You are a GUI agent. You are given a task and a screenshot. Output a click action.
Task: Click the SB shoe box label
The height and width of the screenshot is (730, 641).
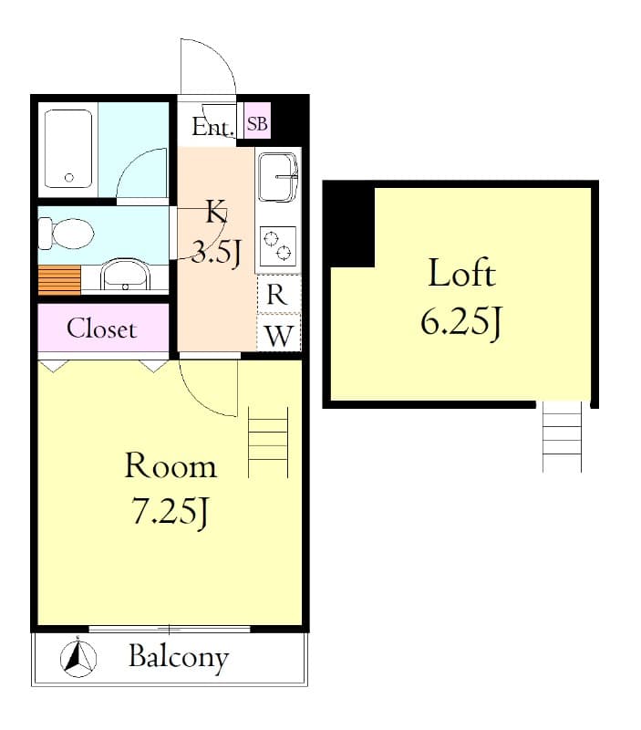click(x=257, y=124)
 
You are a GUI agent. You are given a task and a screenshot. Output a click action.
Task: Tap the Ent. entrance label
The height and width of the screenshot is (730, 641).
click(x=212, y=128)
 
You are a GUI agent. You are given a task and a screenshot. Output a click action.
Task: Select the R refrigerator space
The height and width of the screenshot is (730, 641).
click(x=278, y=295)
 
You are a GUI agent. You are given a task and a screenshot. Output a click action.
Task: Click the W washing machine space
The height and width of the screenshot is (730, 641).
click(x=279, y=335)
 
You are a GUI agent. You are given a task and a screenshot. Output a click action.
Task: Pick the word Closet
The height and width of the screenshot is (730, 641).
click(x=101, y=328)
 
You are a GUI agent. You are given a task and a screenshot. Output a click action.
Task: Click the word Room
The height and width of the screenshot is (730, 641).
click(x=171, y=466)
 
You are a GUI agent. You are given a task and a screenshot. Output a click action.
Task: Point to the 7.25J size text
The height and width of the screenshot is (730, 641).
click(x=171, y=513)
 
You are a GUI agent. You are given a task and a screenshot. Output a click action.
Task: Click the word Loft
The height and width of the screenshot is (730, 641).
click(x=461, y=273)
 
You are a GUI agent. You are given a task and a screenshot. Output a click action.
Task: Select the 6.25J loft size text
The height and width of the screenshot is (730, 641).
click(x=461, y=322)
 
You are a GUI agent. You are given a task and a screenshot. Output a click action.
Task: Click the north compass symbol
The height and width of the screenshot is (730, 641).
click(x=78, y=658)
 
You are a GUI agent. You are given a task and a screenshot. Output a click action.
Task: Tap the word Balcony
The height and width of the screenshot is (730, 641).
click(x=178, y=657)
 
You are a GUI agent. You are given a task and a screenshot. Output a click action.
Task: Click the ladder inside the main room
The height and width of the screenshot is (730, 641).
click(x=268, y=443)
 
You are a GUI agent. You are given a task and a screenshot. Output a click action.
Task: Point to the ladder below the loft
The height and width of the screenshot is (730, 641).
click(x=562, y=437)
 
